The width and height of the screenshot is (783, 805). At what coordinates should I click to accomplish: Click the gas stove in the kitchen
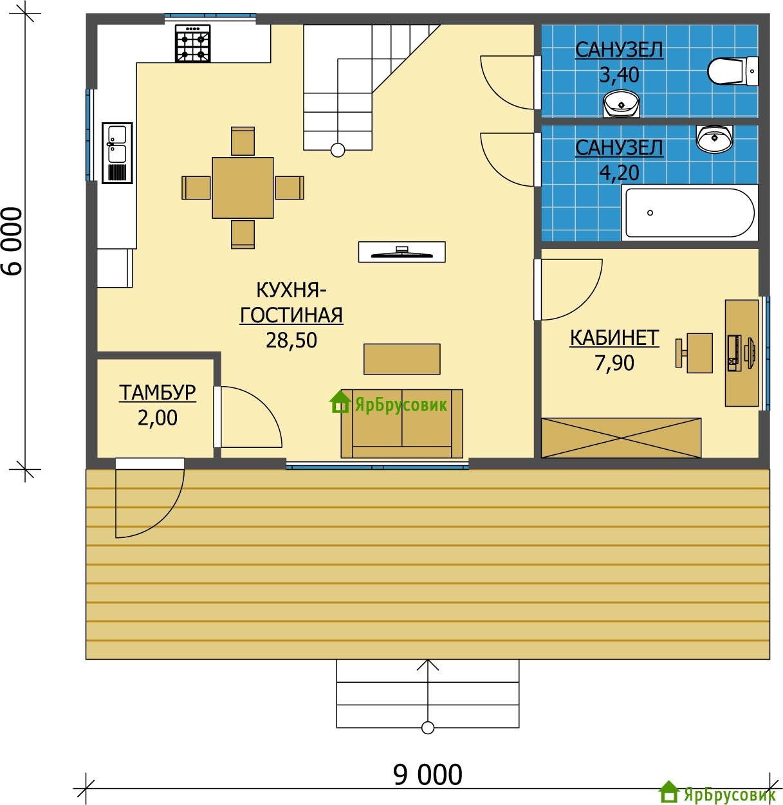193,44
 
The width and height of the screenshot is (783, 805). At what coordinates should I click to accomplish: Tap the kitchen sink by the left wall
118,153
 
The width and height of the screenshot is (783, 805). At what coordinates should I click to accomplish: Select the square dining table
243,187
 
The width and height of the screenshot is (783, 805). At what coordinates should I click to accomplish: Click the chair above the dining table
243,141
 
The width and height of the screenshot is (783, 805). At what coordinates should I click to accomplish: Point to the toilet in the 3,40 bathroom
733,71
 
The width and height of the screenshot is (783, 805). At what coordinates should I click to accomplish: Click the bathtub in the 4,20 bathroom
690,212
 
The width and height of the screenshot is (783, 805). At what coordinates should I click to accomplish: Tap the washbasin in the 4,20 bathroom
714,139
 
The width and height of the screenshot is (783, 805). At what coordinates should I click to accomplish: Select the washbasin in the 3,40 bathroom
622,104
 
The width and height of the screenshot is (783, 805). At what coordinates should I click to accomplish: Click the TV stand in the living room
401,252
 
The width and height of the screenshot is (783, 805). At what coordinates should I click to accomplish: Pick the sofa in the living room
401,423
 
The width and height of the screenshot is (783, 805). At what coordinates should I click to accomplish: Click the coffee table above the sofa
401,359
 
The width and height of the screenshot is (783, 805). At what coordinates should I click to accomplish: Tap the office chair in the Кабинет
694,353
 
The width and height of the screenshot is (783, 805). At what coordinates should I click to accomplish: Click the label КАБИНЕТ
614,338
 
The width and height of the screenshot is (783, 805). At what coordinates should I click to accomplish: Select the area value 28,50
291,340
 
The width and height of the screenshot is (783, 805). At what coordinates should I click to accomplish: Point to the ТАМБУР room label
157,393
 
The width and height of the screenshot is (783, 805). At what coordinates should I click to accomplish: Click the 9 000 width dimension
427,775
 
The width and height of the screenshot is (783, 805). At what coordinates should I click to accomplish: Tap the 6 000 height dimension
14,241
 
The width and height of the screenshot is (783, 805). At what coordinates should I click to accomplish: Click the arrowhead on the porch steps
428,664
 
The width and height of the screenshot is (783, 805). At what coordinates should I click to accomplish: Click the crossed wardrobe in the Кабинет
621,438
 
